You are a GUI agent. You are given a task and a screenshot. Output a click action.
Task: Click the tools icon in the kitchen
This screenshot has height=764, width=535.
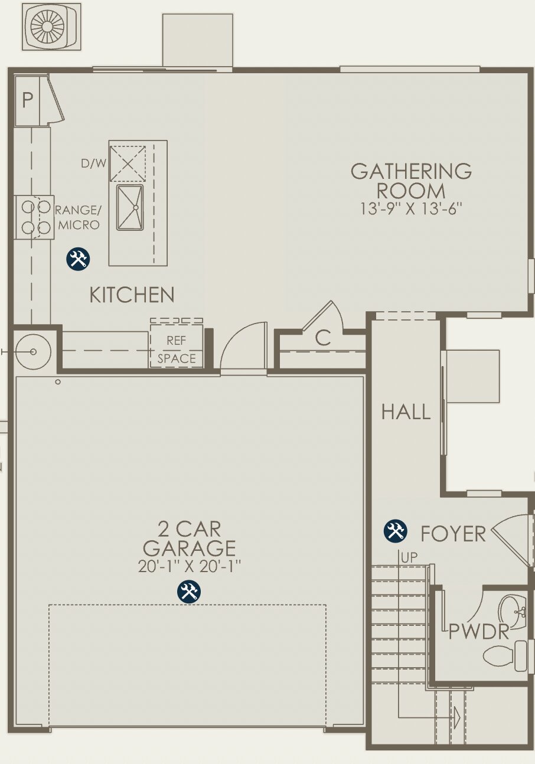click(78, 259)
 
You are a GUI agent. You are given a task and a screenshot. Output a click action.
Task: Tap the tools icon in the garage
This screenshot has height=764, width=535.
click(189, 591)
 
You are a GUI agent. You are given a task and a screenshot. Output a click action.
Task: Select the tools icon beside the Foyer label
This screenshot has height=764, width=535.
click(395, 531)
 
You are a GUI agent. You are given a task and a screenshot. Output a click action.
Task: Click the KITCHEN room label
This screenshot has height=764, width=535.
click(132, 295)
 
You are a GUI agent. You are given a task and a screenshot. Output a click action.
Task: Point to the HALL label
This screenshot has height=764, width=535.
click(406, 412)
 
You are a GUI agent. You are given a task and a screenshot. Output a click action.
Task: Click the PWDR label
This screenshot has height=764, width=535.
click(478, 632)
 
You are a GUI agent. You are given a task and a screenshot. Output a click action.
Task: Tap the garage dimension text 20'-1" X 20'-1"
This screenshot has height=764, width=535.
click(189, 566)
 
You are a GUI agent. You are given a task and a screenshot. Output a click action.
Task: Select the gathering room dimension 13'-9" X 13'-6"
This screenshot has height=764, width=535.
click(411, 209)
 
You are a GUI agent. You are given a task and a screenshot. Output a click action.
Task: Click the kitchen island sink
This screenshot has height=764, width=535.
click(130, 207)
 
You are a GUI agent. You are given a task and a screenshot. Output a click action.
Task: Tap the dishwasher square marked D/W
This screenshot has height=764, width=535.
click(128, 164)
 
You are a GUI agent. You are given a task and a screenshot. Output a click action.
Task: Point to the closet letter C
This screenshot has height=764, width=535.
click(322, 338)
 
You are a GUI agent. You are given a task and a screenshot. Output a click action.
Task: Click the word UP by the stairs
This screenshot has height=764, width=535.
click(409, 557)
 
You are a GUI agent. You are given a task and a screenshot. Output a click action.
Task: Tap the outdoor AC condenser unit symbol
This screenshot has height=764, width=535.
click(51, 27)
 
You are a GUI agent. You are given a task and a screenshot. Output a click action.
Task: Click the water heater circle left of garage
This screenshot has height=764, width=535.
click(33, 352)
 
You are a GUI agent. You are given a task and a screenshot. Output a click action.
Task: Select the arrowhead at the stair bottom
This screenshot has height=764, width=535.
click(456, 718)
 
